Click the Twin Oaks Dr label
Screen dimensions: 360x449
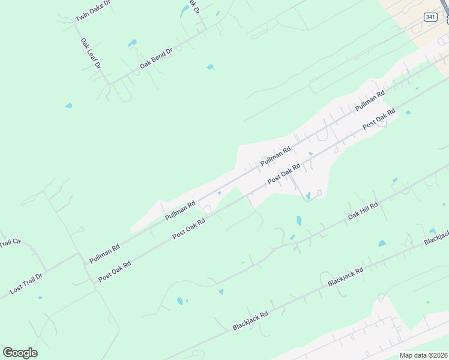(93, 11)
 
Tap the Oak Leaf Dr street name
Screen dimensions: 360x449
(90, 53)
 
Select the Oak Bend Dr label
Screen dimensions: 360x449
(156, 58)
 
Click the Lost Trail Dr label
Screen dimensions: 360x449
(26, 284)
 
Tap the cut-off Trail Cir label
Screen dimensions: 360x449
(10, 242)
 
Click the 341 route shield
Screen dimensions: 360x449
(430, 17)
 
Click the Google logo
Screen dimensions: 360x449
(20, 352)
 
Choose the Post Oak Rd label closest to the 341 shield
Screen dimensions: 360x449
(379, 117)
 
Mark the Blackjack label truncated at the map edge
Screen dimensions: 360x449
(436, 238)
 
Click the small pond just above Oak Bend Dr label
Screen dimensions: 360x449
(131, 43)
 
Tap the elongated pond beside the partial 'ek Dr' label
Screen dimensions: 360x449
(184, 11)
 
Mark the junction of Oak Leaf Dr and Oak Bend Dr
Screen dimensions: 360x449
(109, 82)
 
